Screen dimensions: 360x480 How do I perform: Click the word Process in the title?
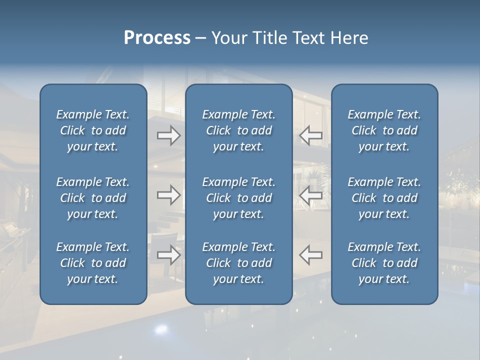point(157,38)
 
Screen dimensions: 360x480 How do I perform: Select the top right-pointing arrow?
point(168,135)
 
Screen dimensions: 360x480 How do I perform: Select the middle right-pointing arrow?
point(168,195)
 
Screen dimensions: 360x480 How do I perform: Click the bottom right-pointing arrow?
point(168,255)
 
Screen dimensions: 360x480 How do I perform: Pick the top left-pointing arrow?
point(310,135)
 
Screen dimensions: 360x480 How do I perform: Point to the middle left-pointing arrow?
point(310,195)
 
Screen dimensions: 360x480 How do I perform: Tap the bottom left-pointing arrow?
point(310,255)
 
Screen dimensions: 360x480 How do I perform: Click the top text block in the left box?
point(93,130)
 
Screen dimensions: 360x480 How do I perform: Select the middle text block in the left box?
point(93,198)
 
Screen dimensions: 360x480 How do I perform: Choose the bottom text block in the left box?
point(93,263)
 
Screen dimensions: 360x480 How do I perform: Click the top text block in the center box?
point(238,130)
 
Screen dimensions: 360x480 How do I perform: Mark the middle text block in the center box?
point(238,198)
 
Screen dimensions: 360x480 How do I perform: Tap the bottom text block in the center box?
point(238,263)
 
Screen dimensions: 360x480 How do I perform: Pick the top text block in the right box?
point(384,130)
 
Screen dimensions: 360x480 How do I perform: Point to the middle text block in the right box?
point(384,198)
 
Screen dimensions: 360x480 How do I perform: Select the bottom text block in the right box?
point(384,263)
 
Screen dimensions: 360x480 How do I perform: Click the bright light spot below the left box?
point(161,329)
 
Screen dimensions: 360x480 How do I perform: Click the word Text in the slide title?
point(308,38)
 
